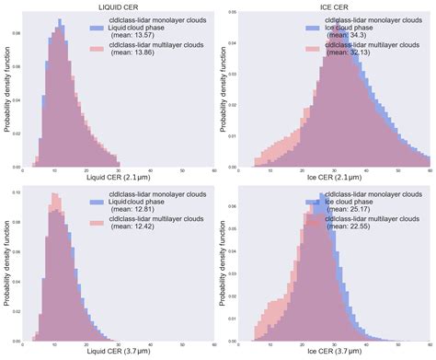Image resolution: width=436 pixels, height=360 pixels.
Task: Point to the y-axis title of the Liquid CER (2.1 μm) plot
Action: point(7,89)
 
